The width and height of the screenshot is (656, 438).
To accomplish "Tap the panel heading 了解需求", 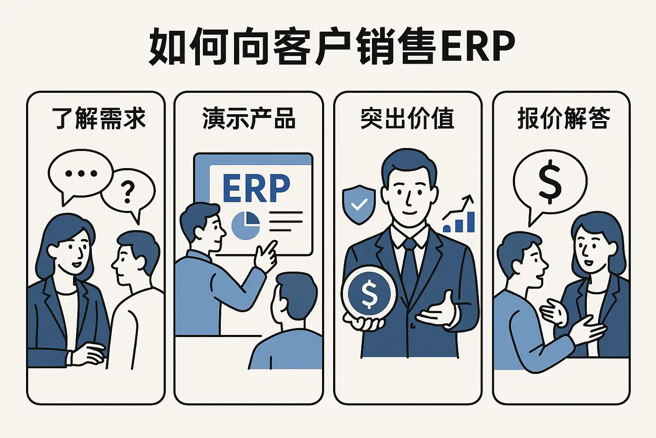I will coord(99,118).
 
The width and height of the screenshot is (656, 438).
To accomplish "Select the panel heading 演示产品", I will coord(249,118).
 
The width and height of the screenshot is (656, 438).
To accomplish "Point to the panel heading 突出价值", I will coord(407,118).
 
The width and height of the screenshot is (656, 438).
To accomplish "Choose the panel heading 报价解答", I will coord(563,118).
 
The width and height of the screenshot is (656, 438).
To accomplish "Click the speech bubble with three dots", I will coord(80,173).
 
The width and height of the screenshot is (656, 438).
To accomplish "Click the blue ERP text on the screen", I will coord(256,188).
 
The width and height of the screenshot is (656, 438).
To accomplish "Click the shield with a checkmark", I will coord(359,204).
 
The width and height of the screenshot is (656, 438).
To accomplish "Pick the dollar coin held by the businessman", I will coord(369,293).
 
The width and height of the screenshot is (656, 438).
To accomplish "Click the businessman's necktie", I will coord(410,265).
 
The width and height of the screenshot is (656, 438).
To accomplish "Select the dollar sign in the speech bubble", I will coord(550,181).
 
